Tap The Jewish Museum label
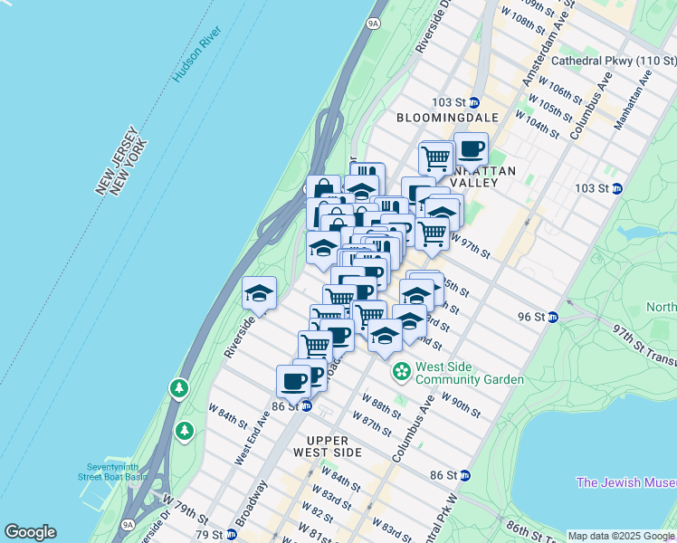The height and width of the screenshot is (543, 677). pyautogui.click(x=625, y=482)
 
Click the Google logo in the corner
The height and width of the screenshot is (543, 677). pyautogui.click(x=30, y=532)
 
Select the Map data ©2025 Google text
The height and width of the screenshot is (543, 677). pyautogui.click(x=620, y=536)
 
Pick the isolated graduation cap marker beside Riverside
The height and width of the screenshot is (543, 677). pyautogui.click(x=259, y=293)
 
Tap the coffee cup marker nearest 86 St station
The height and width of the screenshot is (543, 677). pyautogui.click(x=293, y=380)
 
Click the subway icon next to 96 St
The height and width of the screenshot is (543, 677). pyautogui.click(x=553, y=317)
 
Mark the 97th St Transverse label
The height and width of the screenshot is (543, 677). pyautogui.click(x=644, y=344)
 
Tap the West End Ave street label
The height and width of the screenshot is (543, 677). pyautogui.click(x=252, y=438)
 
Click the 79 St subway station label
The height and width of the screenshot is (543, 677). pyautogui.click(x=207, y=534)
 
